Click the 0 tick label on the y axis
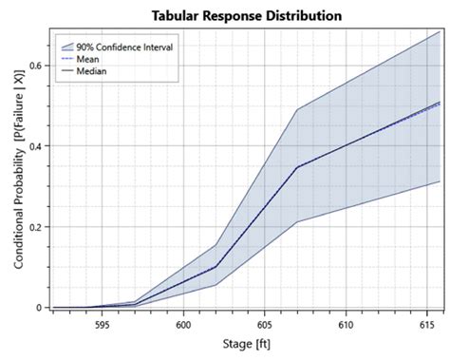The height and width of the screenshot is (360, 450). pos(39,308)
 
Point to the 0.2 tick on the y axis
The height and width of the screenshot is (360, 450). pos(34,227)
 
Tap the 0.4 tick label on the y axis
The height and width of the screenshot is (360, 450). pos(34,146)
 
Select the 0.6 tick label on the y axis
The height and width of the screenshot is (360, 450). pos(34,66)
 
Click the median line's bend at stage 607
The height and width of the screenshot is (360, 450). pos(297,167)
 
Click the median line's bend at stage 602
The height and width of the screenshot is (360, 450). pos(216,267)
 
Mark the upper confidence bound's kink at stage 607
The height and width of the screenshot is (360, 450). pos(297,109)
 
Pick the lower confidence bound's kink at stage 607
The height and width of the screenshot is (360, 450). pos(297,222)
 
